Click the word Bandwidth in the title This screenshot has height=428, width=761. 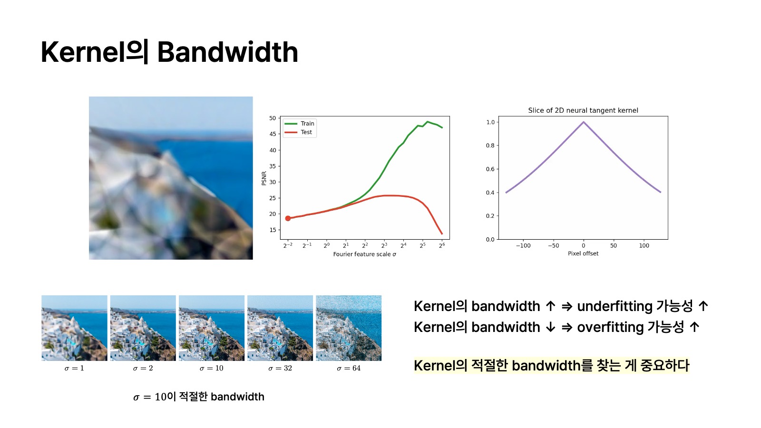(x=228, y=52)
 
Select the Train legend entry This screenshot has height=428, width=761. (x=299, y=123)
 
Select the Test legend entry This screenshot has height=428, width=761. (x=298, y=132)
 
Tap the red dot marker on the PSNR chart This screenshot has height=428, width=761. (x=288, y=218)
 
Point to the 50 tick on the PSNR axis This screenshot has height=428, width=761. (x=273, y=118)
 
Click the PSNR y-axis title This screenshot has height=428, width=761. (x=264, y=178)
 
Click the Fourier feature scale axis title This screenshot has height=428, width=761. (x=364, y=254)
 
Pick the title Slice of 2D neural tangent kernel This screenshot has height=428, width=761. (x=583, y=110)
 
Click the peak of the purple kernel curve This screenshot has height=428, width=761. (x=583, y=122)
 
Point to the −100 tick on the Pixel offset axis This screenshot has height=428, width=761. (x=523, y=245)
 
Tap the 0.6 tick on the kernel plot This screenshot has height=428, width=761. (x=490, y=169)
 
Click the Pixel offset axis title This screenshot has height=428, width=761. (x=583, y=253)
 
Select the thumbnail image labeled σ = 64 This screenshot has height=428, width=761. (x=349, y=328)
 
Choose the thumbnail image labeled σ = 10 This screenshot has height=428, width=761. (x=211, y=328)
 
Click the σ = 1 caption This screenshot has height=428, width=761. (x=74, y=368)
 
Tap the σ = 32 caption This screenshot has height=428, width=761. (x=280, y=368)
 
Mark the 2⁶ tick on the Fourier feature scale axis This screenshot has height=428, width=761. (x=442, y=245)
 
